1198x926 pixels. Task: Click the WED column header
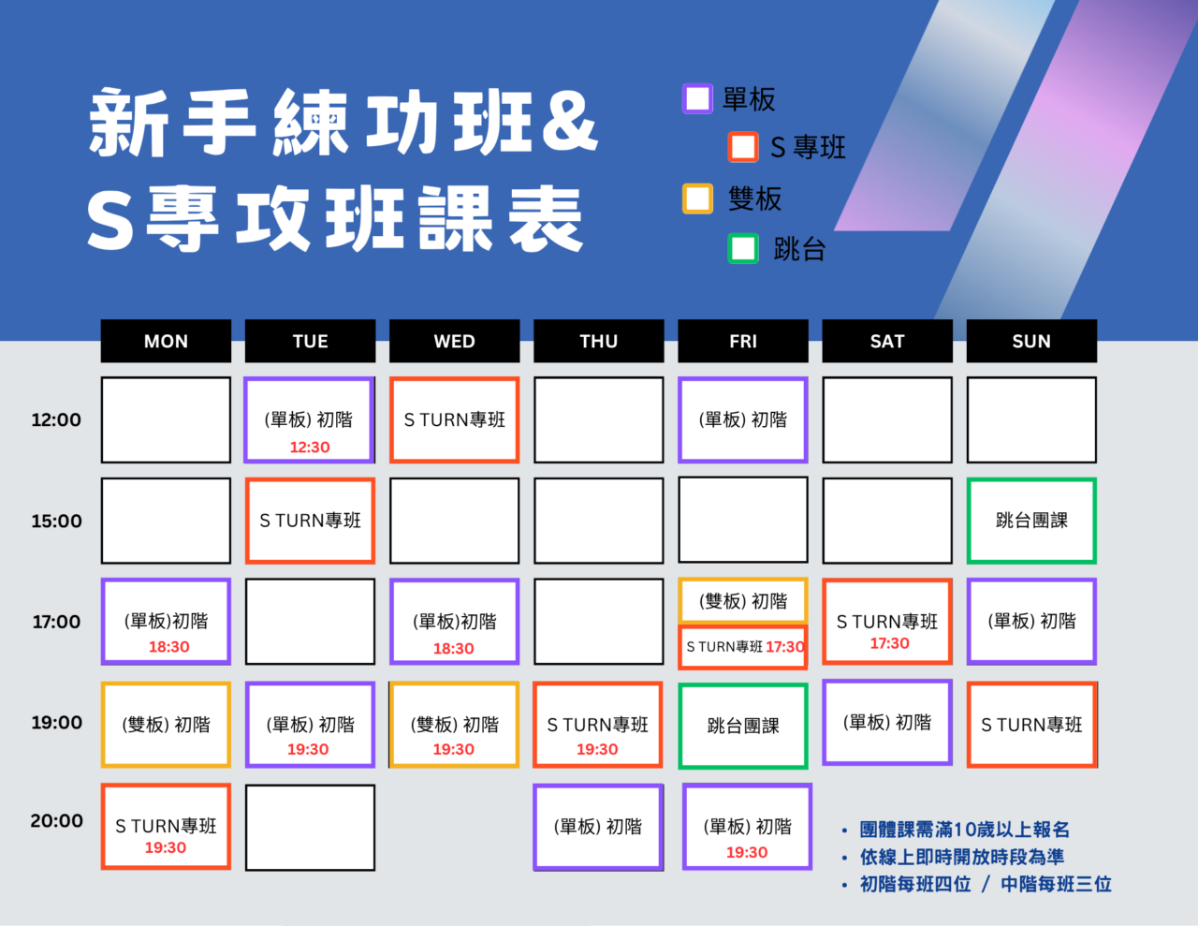[454, 341]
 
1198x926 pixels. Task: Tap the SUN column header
[1031, 341]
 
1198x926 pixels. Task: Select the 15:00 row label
[56, 521]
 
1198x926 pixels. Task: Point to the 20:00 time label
[56, 820]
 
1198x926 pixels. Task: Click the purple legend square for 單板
[697, 98]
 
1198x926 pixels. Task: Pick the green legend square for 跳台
[742, 248]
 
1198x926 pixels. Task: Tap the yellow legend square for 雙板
[697, 198]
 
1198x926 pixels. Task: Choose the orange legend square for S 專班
[742, 147]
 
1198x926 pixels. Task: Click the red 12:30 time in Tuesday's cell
[310, 447]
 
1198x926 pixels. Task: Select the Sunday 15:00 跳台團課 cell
[1031, 521]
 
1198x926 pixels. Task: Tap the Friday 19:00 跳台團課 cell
[743, 726]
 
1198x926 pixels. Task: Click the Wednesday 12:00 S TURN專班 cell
[454, 419]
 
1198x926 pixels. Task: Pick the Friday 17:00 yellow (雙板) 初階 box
[743, 600]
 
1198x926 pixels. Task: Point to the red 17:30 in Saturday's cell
[889, 643]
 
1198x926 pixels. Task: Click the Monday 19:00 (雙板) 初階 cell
[166, 724]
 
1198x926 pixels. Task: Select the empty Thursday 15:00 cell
[599, 521]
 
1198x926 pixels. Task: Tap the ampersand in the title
[569, 122]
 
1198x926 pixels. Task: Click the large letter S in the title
[110, 218]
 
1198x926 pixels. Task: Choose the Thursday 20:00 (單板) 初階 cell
[598, 828]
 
